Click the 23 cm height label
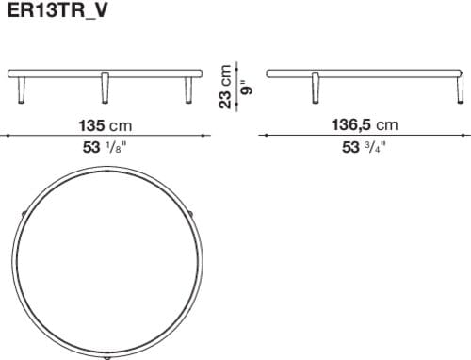click(225, 87)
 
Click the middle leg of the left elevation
click(104, 89)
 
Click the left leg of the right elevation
click(314, 89)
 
